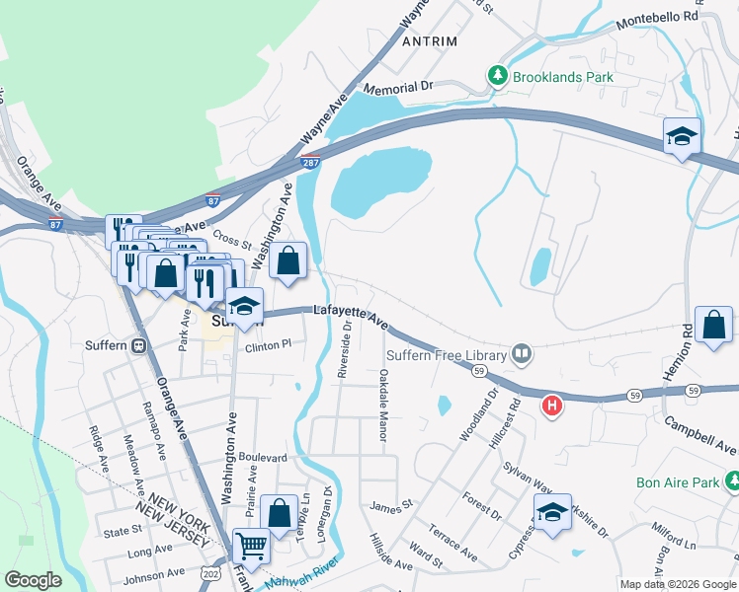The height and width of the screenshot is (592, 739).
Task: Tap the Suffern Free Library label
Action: [447, 353]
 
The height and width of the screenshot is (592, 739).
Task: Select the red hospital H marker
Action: [553, 405]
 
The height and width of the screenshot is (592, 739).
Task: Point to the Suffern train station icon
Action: [139, 345]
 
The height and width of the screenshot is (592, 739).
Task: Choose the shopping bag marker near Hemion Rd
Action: [713, 325]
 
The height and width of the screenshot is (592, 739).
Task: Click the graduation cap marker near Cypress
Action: [552, 512]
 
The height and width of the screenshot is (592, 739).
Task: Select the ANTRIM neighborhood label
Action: [430, 42]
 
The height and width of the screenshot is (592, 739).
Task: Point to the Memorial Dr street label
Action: [399, 87]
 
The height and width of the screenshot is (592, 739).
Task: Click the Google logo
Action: [33, 579]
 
